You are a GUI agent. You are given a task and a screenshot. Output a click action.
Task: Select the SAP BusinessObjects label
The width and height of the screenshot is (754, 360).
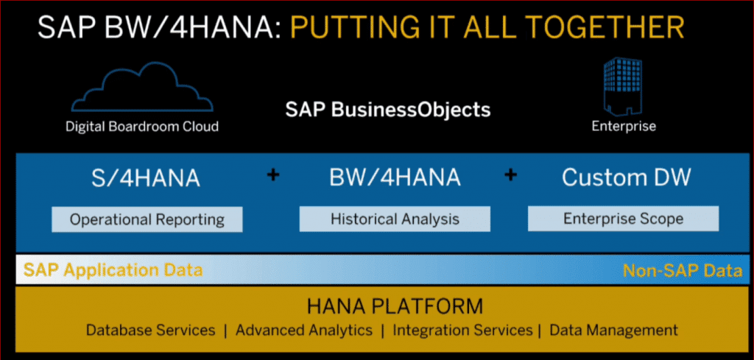tap(387, 110)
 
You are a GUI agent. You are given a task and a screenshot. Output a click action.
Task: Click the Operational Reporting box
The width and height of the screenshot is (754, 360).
tap(147, 219)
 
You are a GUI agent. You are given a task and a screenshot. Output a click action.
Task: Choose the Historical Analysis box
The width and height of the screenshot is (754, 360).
tap(395, 219)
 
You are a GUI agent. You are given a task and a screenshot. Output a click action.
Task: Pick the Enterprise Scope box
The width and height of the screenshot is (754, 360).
tap(623, 218)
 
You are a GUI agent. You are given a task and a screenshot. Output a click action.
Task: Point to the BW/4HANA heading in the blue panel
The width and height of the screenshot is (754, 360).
tap(395, 177)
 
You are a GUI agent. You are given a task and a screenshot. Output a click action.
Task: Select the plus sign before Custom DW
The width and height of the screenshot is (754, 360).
tap(510, 176)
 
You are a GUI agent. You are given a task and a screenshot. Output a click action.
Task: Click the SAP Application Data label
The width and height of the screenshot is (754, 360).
tap(113, 270)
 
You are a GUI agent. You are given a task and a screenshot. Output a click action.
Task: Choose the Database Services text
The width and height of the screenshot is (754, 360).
tap(151, 330)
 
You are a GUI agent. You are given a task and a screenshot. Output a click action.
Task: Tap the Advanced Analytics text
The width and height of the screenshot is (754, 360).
tap(304, 330)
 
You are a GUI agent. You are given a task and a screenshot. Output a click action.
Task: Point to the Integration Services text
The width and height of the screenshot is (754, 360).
tap(462, 330)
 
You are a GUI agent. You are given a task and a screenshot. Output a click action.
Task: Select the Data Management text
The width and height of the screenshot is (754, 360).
tap(613, 330)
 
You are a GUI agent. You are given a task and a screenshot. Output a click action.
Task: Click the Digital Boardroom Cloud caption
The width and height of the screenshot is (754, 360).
tap(142, 127)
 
